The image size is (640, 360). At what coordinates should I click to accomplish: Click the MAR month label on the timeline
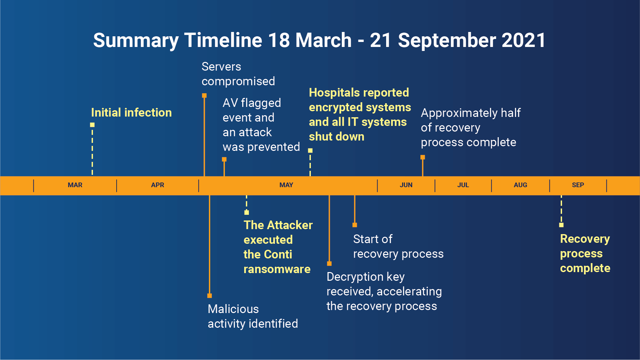pos(75,185)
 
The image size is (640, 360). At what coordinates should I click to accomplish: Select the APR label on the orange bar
pos(158,185)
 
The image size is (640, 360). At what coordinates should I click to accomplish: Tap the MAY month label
pos(286,185)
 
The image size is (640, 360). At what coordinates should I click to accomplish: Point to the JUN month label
pos(406,185)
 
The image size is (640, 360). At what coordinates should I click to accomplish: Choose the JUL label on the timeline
pos(463,185)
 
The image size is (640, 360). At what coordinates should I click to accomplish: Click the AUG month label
pos(520,185)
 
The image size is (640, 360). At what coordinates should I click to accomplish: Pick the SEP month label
pos(578,185)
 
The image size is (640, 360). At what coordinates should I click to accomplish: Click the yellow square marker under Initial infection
pos(92,125)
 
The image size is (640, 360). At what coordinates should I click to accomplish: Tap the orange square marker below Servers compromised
pos(204,96)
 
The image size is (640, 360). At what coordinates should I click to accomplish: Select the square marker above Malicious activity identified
pos(210,296)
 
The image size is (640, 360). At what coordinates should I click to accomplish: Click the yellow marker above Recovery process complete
pos(561,225)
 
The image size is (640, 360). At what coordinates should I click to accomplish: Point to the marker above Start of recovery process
pos(355,225)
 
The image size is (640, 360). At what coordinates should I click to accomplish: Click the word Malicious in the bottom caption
pos(233,309)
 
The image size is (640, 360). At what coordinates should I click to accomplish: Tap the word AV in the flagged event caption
pos(230,103)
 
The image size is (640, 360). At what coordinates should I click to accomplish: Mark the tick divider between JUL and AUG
pos(491,185)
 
